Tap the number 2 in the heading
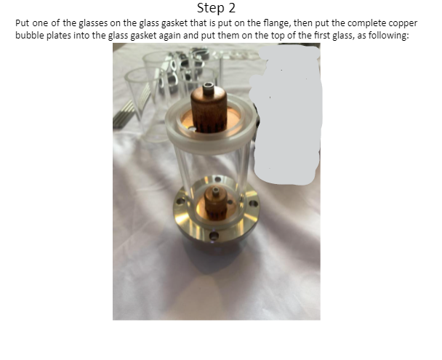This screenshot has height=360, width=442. (232, 7)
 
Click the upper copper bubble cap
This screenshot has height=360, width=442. (209, 109)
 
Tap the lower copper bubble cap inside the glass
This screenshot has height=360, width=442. (215, 203)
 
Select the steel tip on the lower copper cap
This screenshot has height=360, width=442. (216, 191)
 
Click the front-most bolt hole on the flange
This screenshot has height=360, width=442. (214, 236)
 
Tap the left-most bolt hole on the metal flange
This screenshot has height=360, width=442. (180, 201)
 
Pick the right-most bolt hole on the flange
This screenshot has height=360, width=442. (253, 203)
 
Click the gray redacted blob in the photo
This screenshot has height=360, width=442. (286, 115)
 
